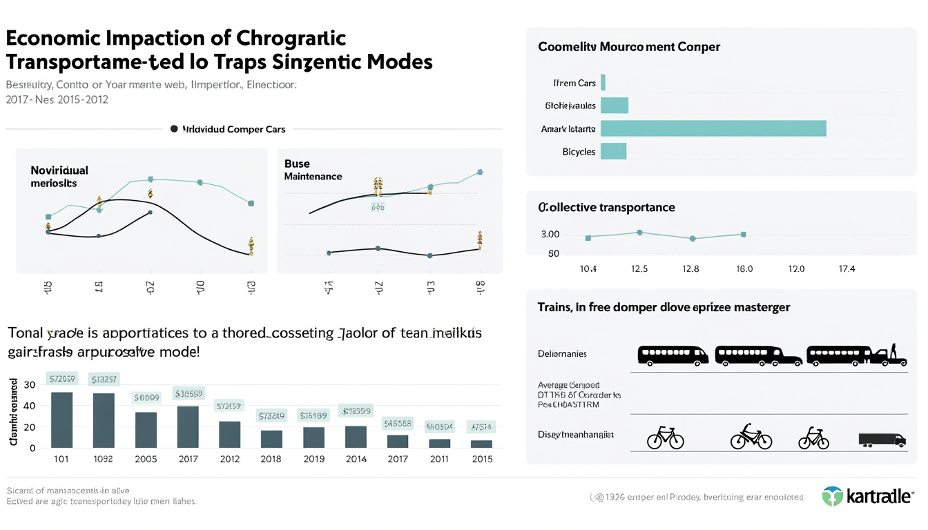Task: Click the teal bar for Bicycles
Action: click(613, 151)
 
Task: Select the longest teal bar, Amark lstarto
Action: click(713, 128)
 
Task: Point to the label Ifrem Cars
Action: click(574, 83)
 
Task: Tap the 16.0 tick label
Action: click(744, 268)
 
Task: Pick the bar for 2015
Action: click(481, 444)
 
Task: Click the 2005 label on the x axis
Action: click(146, 459)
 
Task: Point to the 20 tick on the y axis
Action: click(30, 427)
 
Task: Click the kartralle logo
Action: click(867, 496)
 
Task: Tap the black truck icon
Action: click(881, 439)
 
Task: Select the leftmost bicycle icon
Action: click(666, 438)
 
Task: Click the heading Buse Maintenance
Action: click(313, 170)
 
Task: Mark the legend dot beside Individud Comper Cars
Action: click(174, 128)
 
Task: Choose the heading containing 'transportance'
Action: click(606, 207)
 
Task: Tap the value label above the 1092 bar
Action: click(104, 379)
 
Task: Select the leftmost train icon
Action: click(673, 355)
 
